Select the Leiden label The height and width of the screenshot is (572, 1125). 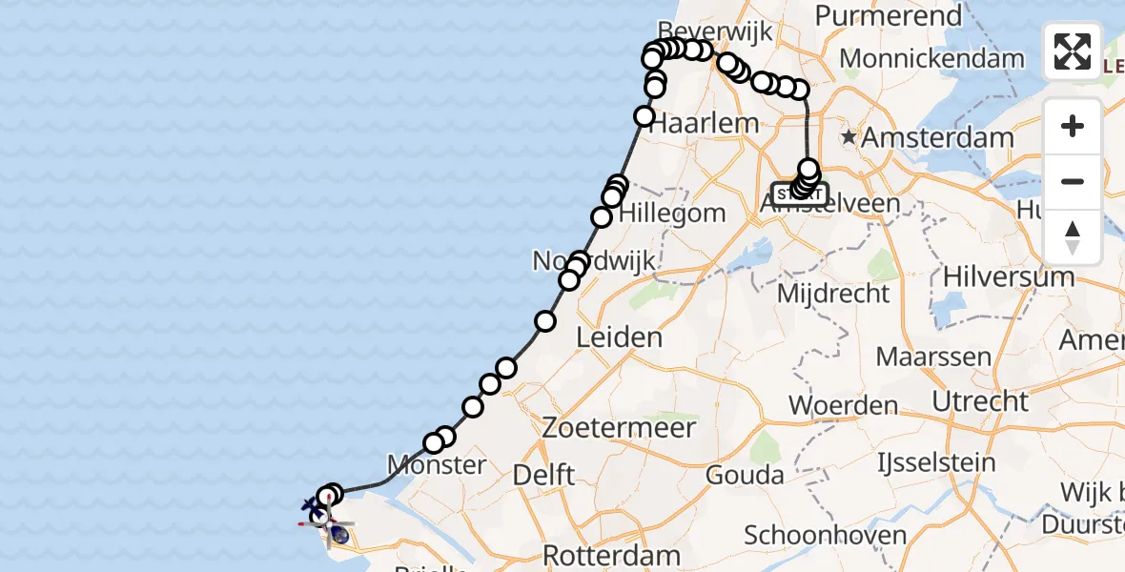[619, 337]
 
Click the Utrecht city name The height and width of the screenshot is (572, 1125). [980, 401]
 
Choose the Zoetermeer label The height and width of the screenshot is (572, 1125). [619, 428]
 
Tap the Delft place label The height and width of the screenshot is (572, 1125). [543, 474]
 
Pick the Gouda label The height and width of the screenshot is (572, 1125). [744, 474]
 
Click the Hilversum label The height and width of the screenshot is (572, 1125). [1009, 277]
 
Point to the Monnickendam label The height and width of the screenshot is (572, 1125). [931, 59]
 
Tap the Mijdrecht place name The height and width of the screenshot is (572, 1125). [833, 294]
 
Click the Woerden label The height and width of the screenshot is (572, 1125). [844, 406]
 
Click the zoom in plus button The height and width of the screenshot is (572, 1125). [1073, 126]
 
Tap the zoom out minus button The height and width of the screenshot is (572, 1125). [1073, 181]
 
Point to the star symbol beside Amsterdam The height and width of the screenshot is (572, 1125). [849, 137]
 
